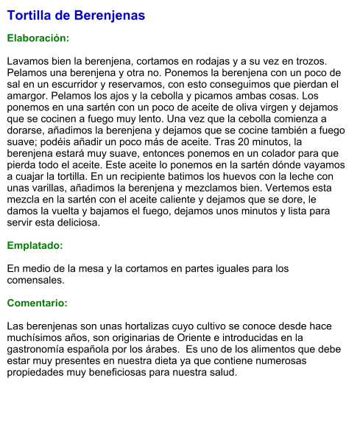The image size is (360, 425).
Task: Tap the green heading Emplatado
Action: tap(35, 245)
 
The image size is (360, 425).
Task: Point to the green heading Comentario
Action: tap(37, 303)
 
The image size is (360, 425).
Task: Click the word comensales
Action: tap(36, 280)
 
